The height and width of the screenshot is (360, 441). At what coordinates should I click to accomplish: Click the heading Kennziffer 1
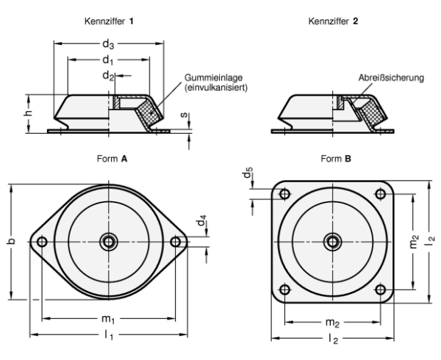[x=109, y=21]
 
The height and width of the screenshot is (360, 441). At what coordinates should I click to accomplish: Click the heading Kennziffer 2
[x=332, y=21]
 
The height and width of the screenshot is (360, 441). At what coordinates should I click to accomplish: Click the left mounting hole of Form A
[x=42, y=240]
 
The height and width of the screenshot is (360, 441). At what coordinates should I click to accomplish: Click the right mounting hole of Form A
[x=175, y=240]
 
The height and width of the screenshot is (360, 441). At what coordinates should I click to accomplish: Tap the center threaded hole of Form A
[x=109, y=240]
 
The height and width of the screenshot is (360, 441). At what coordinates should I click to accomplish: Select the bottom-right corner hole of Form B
[x=379, y=287]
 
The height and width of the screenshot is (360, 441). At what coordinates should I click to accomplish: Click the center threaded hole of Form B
[x=331, y=240]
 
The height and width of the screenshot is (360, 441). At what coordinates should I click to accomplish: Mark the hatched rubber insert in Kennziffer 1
[x=151, y=112]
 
